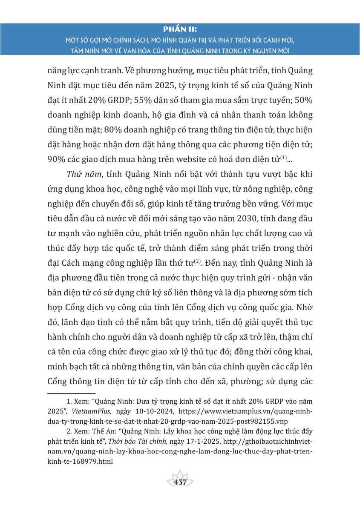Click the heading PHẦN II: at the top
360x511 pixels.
pos(180,29)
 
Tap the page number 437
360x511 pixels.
pos(180,482)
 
